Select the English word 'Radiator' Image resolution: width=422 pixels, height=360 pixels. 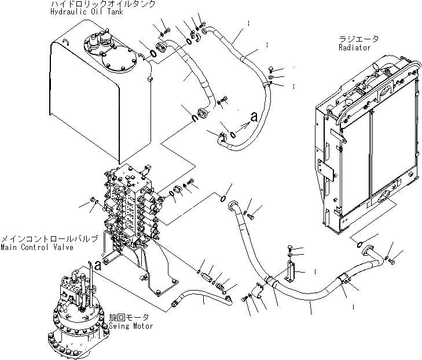[x=354, y=47]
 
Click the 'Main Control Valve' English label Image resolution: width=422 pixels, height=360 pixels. [x=37, y=247]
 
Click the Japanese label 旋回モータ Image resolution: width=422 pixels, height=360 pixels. [x=129, y=318]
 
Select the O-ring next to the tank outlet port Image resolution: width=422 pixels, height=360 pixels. [x=152, y=54]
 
